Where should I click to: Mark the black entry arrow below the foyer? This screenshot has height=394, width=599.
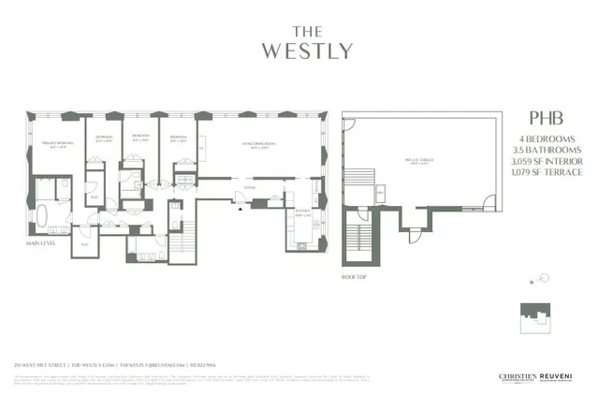pos(241,208)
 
